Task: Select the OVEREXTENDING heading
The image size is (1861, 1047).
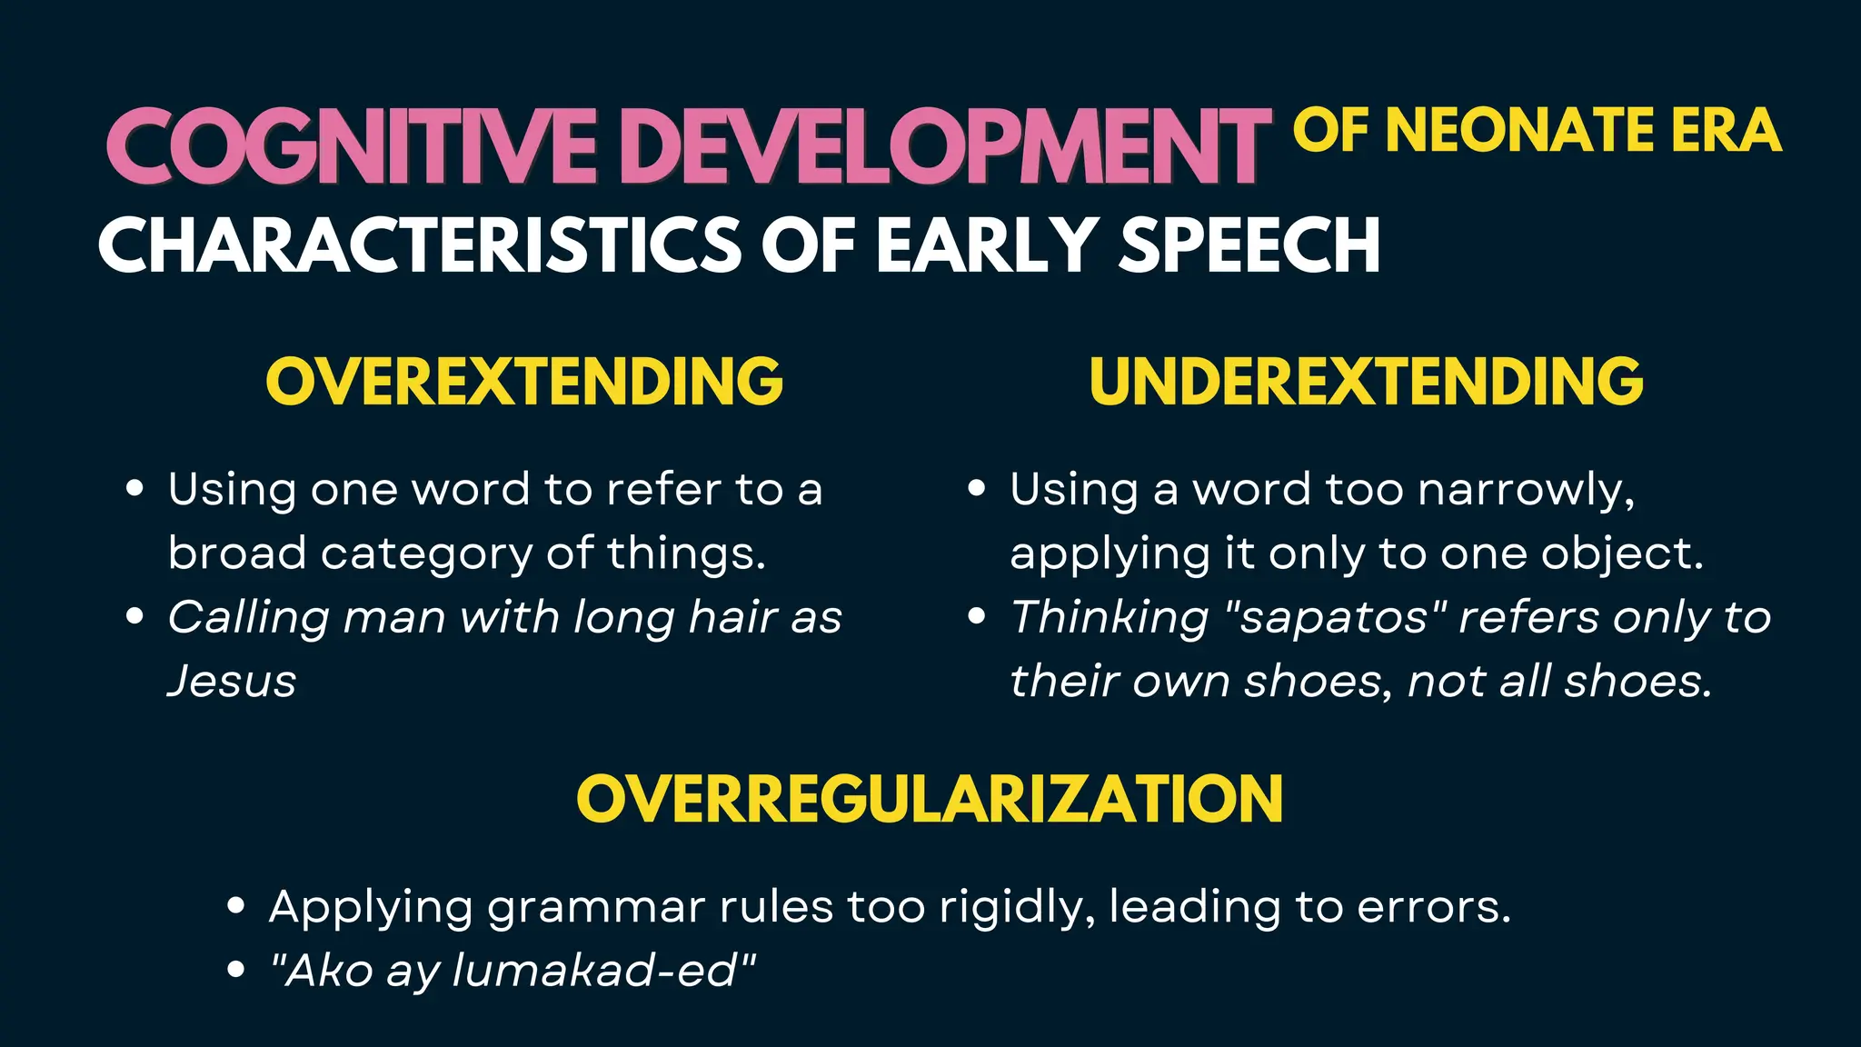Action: (524, 381)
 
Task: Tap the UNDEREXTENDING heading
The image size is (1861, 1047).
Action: (1366, 381)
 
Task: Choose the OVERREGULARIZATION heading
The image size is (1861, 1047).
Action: (930, 799)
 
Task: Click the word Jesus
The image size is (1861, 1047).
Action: (233, 682)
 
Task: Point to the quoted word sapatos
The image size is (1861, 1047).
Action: (1339, 618)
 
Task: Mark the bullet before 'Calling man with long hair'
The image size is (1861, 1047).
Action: (135, 617)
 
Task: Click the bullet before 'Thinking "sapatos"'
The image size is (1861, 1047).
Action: (977, 617)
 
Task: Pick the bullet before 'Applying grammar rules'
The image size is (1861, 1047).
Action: (236, 906)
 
